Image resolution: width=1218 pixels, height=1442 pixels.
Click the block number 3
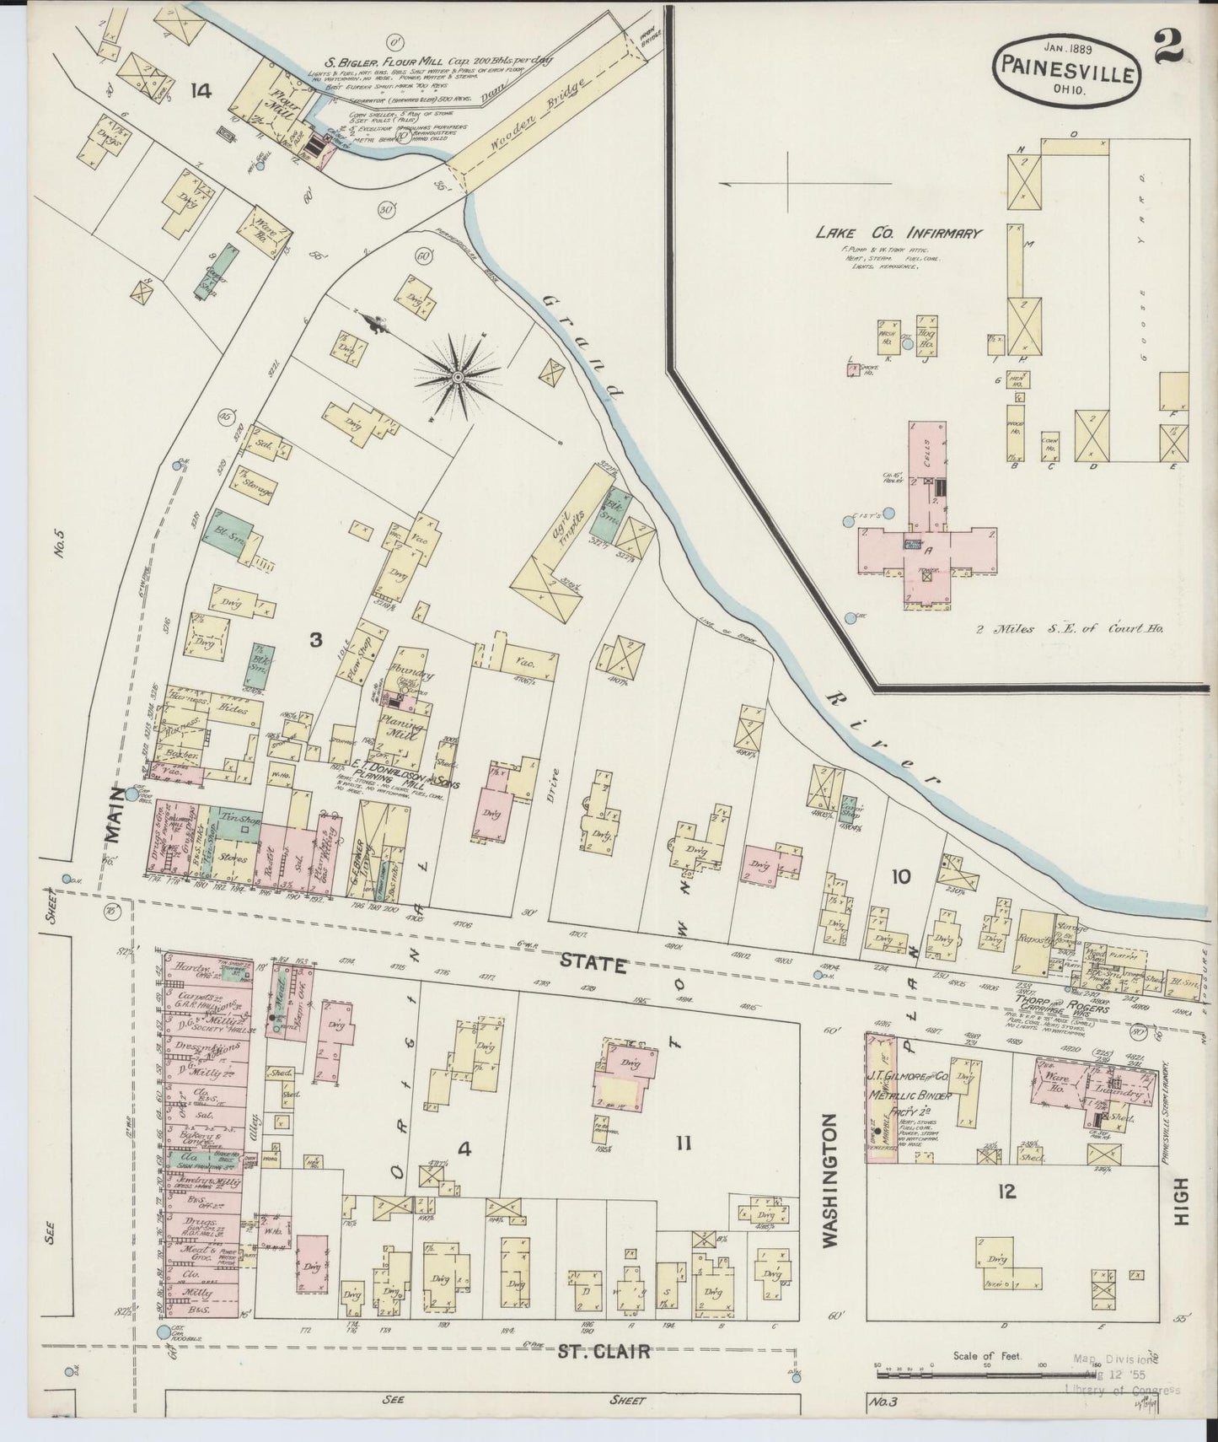(x=315, y=640)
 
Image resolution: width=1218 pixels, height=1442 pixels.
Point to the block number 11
(x=684, y=1143)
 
